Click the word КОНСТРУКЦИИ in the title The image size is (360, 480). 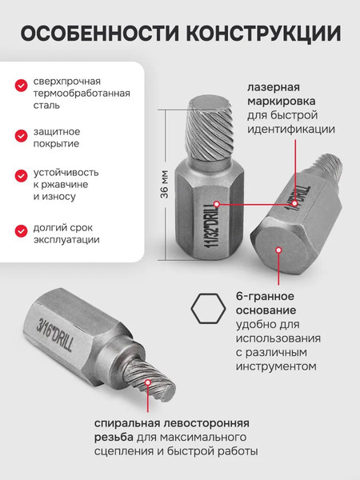(x=262, y=34)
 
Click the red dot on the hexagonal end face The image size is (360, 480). (x=277, y=250)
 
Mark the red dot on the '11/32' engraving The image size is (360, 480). (x=218, y=204)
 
